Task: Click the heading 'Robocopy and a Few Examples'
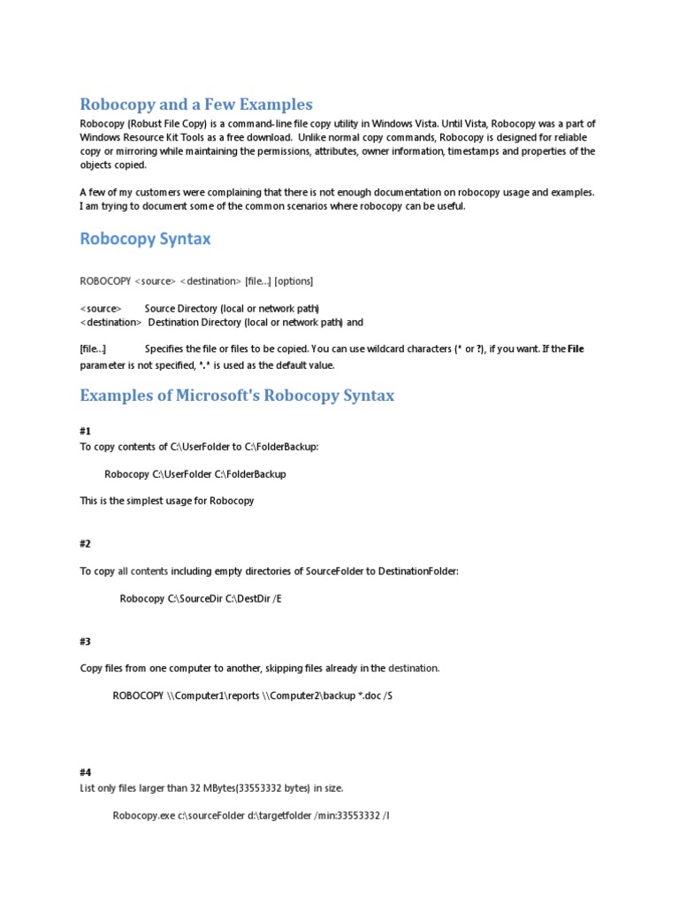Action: point(196,104)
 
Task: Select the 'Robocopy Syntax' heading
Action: point(145,239)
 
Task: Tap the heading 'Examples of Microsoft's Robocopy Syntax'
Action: point(237,395)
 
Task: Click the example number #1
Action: point(86,431)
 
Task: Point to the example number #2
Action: point(86,543)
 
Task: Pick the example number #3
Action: point(86,641)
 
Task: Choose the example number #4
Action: point(86,772)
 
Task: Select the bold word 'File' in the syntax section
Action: point(576,349)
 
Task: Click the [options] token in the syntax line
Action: point(294,281)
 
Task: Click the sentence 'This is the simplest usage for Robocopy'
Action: point(167,501)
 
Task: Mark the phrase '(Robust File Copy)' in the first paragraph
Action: point(167,123)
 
